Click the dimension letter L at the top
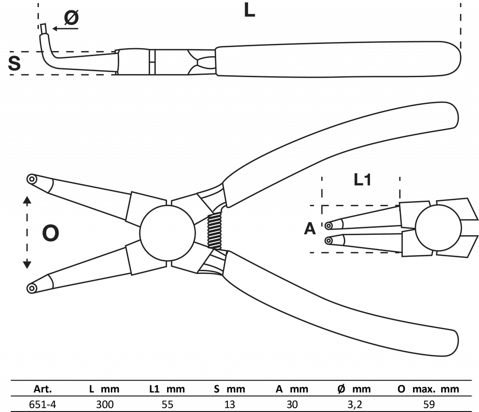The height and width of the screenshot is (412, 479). tap(249, 10)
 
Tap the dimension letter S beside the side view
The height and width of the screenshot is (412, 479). tap(15, 63)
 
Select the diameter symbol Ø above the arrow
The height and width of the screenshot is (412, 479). tap(71, 18)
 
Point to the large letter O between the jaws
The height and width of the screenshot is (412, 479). tap(51, 233)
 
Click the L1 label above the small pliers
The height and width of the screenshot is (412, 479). tap(362, 180)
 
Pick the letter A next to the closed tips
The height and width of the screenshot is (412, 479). tap(310, 229)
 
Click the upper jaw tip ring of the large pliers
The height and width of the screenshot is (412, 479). tap(32, 179)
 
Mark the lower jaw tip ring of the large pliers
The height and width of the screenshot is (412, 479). tap(32, 288)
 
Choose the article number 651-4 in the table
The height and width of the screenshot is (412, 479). tap(43, 404)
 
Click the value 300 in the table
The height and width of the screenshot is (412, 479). tap(104, 404)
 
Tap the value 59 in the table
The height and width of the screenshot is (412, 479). tap(428, 404)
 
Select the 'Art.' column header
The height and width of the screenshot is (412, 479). tap(43, 389)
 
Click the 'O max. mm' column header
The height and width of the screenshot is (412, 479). tap(428, 389)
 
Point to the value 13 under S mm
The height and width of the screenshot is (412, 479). tap(229, 404)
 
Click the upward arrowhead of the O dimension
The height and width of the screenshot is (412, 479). tap(27, 201)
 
